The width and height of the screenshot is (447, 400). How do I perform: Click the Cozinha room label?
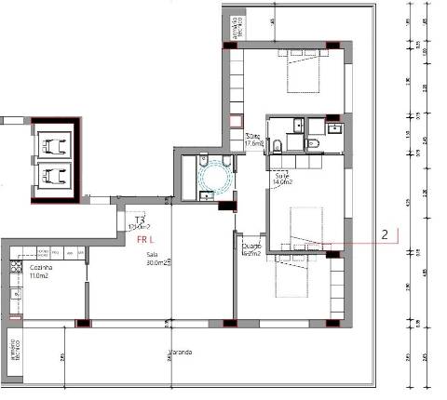40,268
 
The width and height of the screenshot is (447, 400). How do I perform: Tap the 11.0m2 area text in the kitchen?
40,276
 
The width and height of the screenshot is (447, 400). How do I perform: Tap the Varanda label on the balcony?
181,353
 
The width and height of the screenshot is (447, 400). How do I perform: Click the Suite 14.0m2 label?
283,180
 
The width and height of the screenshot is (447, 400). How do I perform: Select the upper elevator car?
55,143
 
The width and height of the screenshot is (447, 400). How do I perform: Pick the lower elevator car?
55,175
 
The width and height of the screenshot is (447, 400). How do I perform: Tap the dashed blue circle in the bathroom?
221,175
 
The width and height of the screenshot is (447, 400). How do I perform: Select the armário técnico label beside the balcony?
14,349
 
